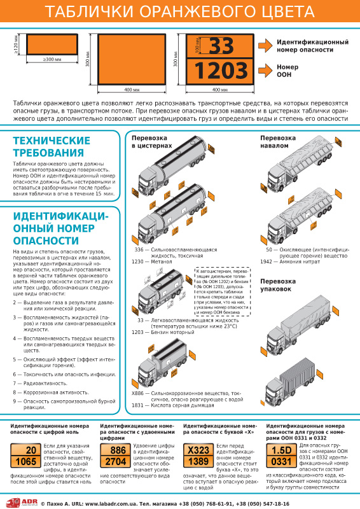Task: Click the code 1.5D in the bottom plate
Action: click(x=281, y=450)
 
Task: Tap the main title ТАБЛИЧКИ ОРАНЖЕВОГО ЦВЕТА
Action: click(x=179, y=13)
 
